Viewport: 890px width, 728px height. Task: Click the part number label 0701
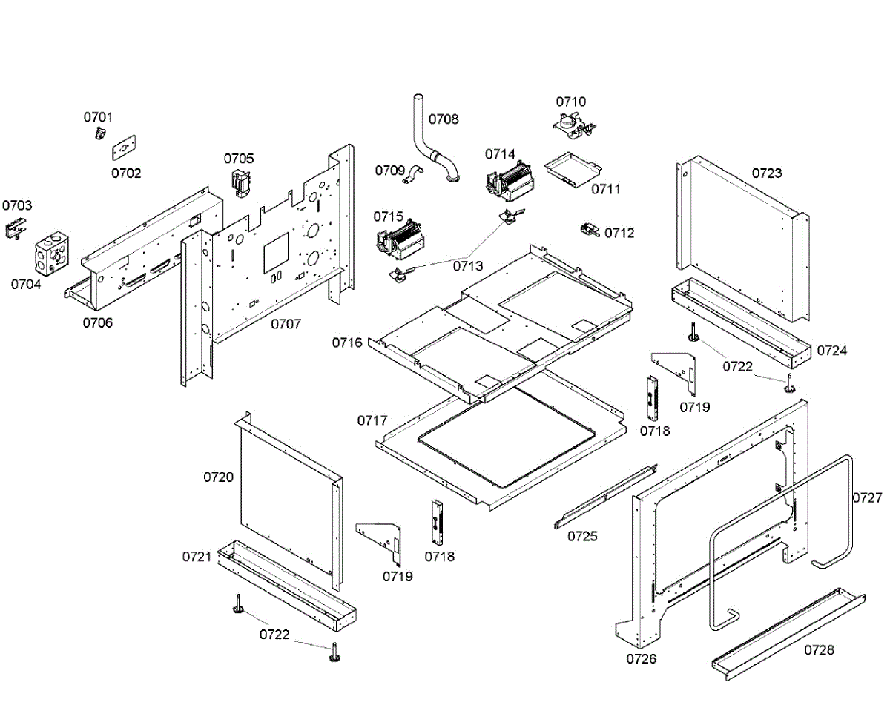coord(98,117)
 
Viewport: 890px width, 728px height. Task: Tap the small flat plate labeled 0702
coord(124,148)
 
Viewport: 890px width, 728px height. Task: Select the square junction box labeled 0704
coord(51,253)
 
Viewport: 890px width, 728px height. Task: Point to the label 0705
coord(239,159)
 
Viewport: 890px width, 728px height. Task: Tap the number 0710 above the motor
coord(570,102)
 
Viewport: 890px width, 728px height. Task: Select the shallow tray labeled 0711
coord(573,170)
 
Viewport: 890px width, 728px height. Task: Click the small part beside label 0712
coord(590,231)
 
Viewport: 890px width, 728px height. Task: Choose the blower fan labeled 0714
coord(510,181)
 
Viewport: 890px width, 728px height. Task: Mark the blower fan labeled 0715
coord(400,239)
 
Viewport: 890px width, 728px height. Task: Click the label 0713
coord(467,266)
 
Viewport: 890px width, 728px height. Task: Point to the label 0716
coord(347,343)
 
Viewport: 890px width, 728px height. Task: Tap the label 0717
coord(372,420)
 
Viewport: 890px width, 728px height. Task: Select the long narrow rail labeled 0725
coord(606,497)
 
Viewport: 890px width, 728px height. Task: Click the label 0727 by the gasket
coord(867,497)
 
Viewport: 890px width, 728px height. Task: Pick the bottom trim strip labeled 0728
coord(788,634)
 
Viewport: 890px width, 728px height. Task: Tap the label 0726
coord(641,658)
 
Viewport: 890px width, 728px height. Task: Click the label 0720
coord(218,477)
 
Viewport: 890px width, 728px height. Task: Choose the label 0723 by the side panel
coord(767,173)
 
